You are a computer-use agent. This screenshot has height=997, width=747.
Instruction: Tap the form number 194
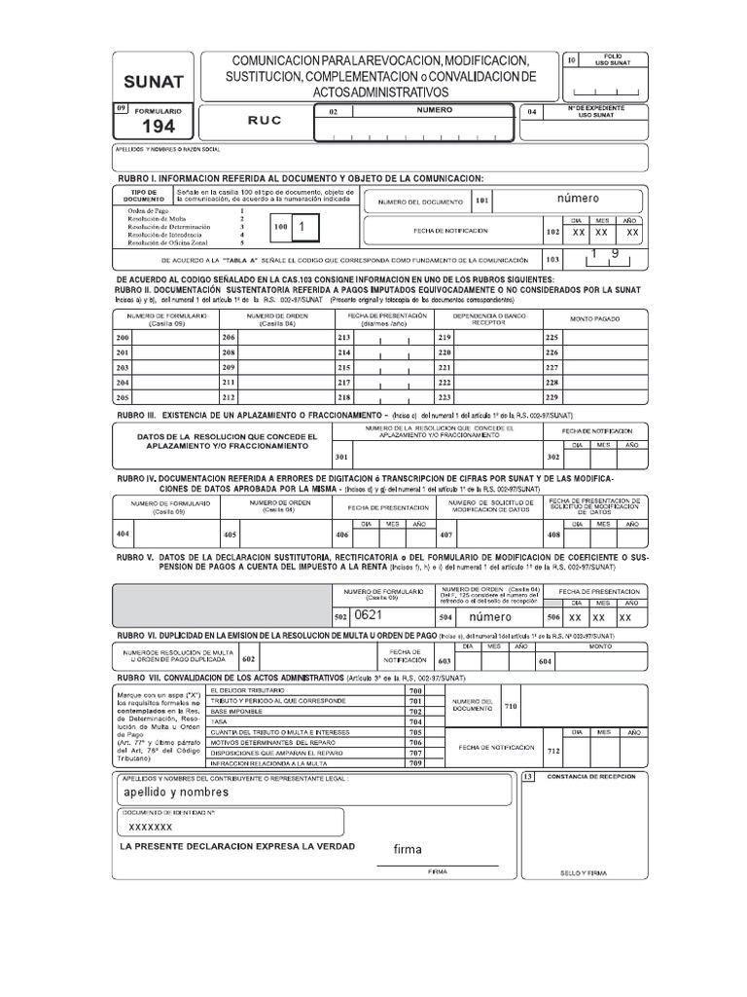tap(159, 127)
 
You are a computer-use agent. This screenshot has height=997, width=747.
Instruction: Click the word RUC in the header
tap(265, 121)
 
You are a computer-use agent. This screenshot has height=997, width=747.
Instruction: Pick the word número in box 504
tap(489, 617)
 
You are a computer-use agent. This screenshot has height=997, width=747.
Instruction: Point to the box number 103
tap(553, 260)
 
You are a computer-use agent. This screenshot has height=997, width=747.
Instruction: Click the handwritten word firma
tap(408, 849)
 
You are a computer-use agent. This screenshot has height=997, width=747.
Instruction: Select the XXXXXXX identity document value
tap(151, 827)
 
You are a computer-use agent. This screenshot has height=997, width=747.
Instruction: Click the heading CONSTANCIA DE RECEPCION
tap(593, 776)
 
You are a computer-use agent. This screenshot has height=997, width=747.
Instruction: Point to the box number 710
tap(512, 705)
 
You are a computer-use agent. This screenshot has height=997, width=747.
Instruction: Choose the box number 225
tap(552, 336)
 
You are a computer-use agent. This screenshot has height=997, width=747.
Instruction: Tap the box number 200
tap(123, 336)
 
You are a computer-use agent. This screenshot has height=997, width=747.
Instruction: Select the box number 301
tap(340, 456)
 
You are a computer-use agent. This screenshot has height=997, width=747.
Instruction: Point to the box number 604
tap(544, 661)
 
